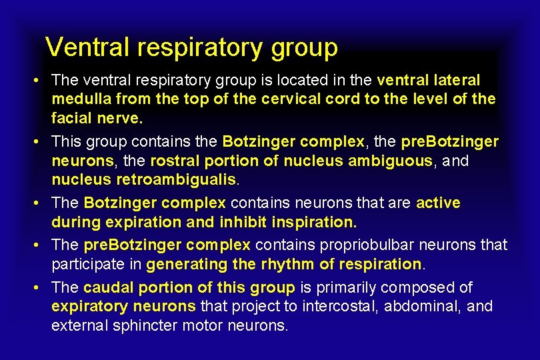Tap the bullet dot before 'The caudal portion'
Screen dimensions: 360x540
click(x=41, y=288)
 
